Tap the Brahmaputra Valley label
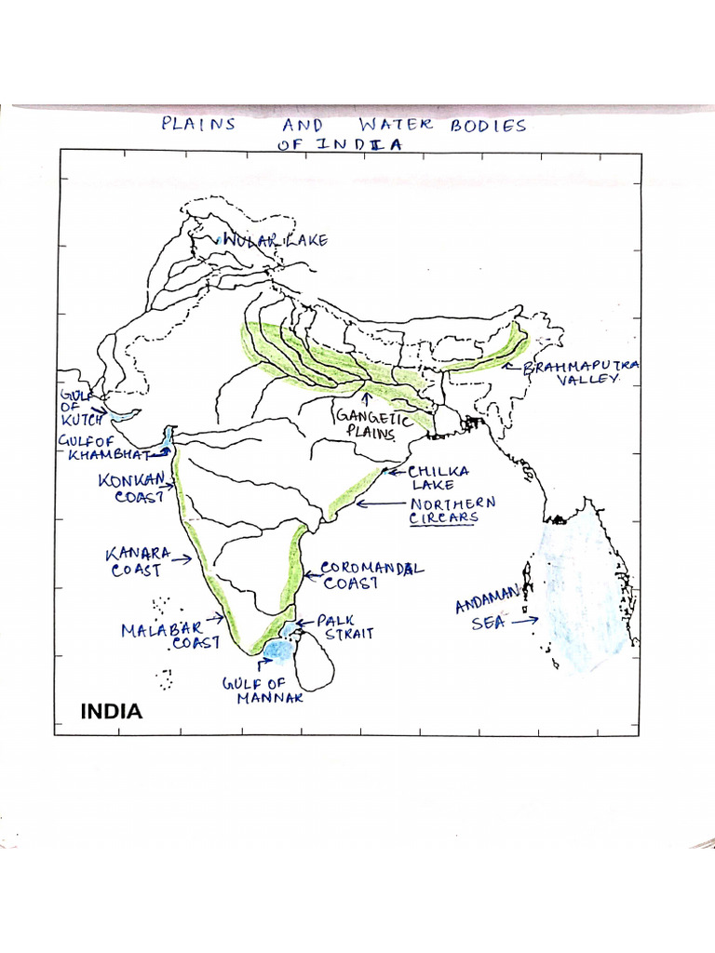pyautogui.click(x=581, y=373)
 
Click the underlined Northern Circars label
pyautogui.click(x=452, y=510)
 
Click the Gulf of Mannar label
pyautogui.click(x=263, y=691)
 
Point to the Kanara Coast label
pyautogui.click(x=139, y=562)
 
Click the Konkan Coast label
pyautogui.click(x=137, y=489)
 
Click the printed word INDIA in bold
pyautogui.click(x=112, y=712)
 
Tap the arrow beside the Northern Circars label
pyautogui.click(x=378, y=504)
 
